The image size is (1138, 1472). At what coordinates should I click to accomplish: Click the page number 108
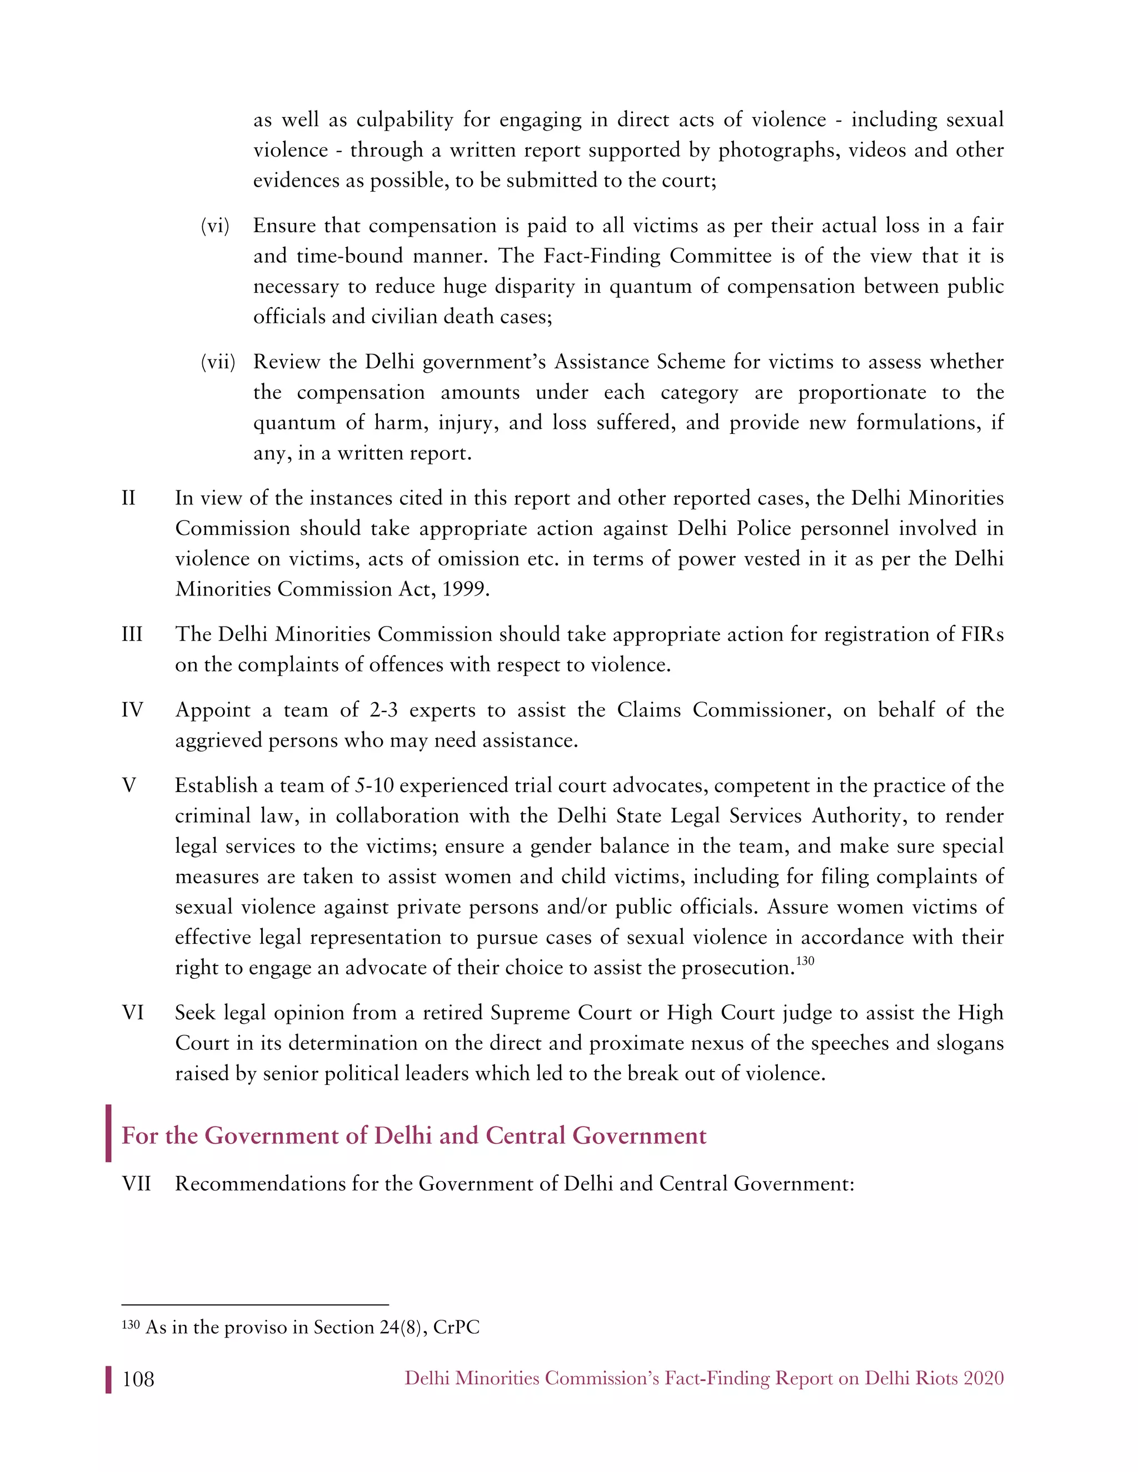click(138, 1379)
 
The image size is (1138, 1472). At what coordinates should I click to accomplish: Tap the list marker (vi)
click(215, 226)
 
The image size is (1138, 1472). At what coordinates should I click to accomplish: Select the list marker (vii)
click(218, 362)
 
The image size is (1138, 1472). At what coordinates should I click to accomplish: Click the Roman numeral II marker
click(128, 498)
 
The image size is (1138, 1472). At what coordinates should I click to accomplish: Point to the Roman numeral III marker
click(132, 634)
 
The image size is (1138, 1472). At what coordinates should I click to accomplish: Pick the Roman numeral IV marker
click(132, 710)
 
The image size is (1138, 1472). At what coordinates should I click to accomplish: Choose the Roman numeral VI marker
click(132, 1012)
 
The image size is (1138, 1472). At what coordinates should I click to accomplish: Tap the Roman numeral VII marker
click(136, 1184)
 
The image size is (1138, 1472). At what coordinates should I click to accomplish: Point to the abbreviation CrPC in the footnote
click(456, 1327)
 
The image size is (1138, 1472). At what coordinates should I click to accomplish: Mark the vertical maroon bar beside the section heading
click(108, 1133)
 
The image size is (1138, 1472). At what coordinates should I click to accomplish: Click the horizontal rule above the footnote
click(255, 1305)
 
